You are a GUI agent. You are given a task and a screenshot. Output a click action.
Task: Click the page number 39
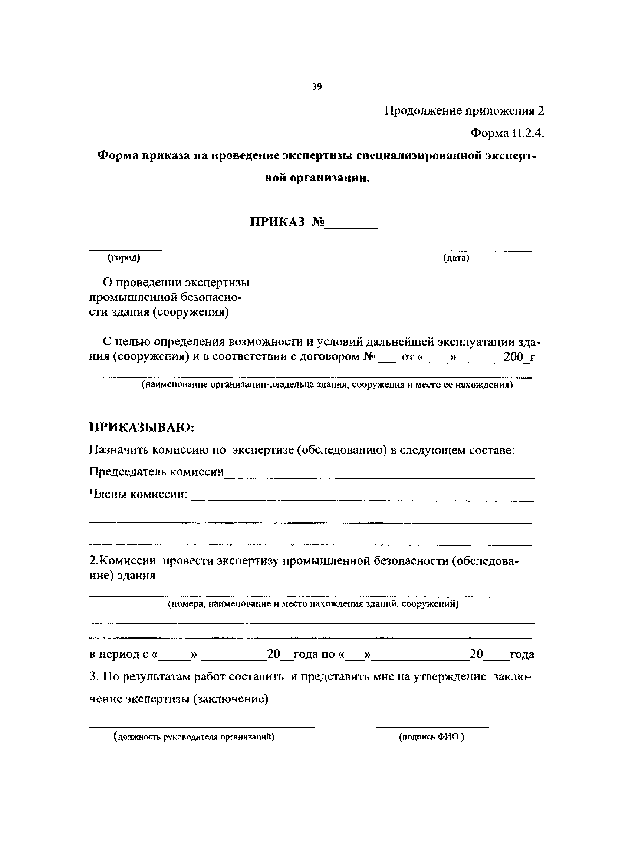coord(317,87)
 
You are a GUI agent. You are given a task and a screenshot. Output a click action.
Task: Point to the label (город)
coord(124,258)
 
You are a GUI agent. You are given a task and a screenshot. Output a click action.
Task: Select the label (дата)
coord(456,258)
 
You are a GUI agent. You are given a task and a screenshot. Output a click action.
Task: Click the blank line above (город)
coord(126,250)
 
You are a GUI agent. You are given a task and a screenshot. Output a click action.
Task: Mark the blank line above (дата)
coord(476,250)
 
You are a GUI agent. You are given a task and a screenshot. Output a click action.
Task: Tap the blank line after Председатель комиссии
coord(379,478)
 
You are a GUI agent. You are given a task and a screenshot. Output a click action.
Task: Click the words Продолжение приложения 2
coord(464,111)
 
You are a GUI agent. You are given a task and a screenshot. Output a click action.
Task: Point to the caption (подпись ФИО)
coord(431,737)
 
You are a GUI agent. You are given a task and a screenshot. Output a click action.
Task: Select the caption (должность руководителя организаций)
coord(194,737)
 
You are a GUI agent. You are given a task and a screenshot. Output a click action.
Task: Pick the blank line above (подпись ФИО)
coord(432,726)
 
